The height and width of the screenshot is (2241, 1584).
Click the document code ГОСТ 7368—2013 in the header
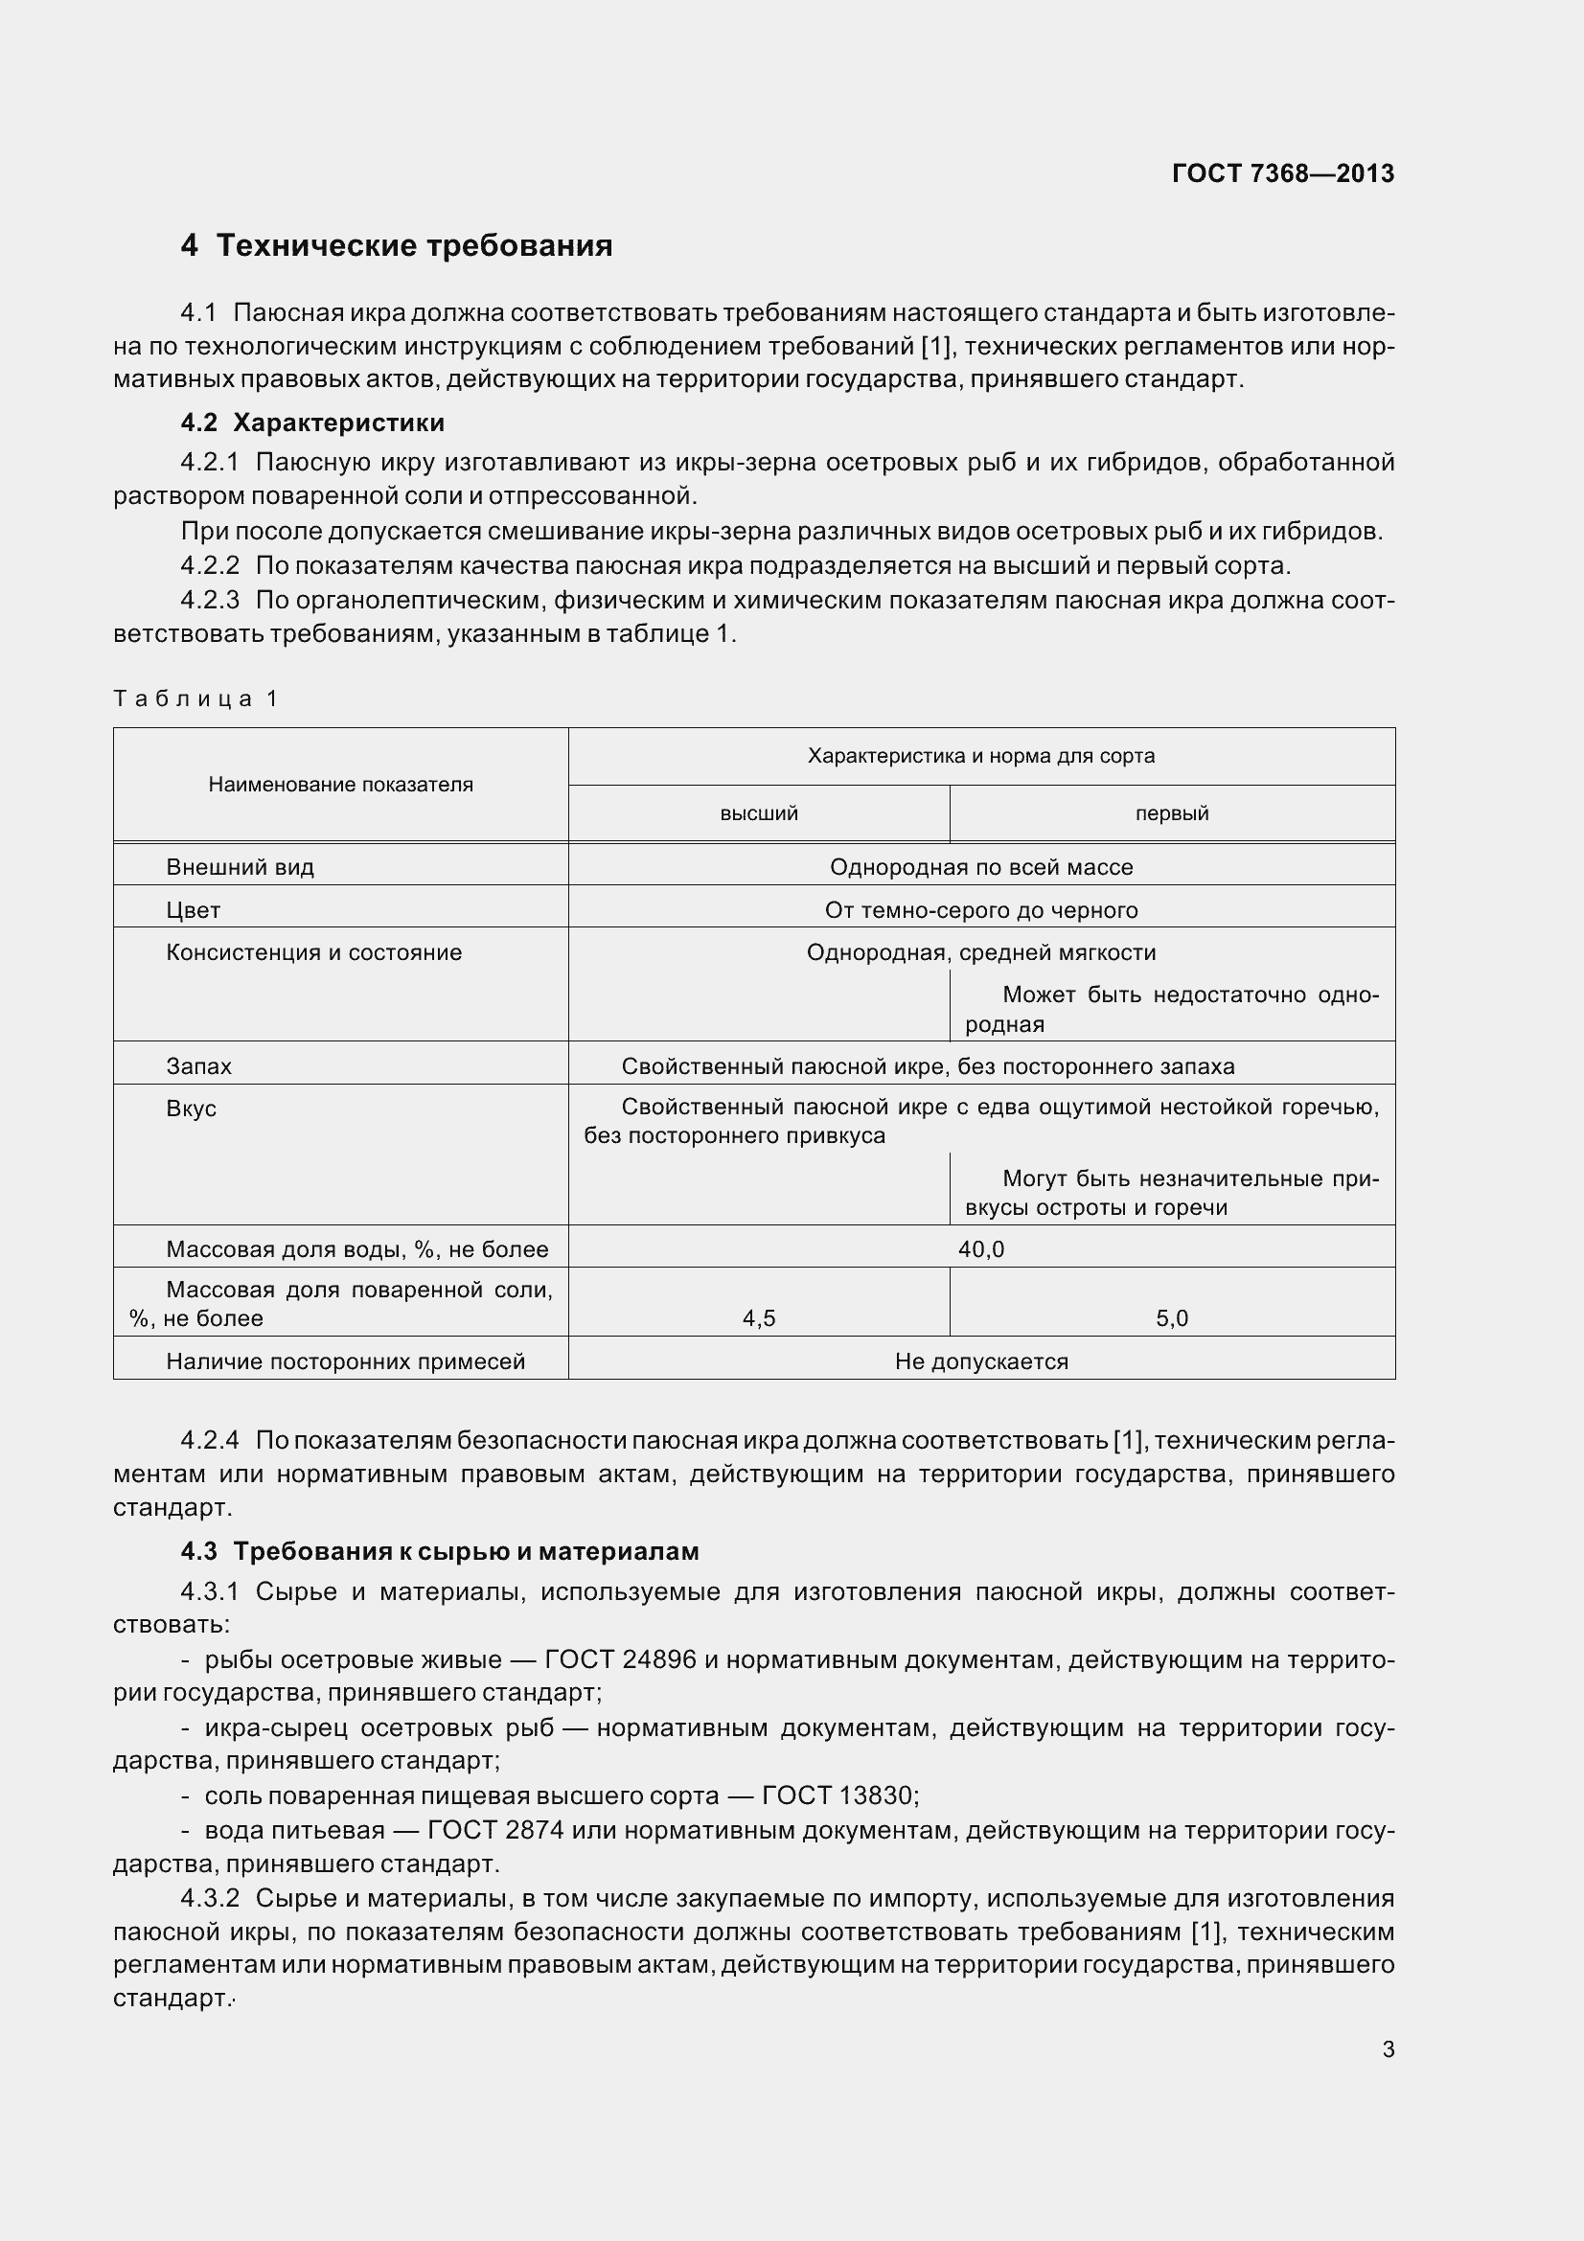click(1282, 173)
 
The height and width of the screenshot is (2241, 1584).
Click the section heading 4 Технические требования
click(397, 245)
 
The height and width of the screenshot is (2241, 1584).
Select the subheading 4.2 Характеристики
click(312, 423)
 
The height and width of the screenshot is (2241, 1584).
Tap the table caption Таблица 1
click(196, 697)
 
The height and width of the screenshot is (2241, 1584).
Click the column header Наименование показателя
click(340, 785)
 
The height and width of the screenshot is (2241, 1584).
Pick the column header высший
click(758, 813)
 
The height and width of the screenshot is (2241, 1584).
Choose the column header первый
click(1171, 813)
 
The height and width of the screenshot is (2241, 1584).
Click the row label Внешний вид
click(241, 867)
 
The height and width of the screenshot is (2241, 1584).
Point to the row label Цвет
click(194, 909)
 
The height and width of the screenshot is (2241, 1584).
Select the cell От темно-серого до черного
click(981, 909)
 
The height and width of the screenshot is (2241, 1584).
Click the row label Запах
click(199, 1065)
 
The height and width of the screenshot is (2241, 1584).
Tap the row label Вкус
click(192, 1108)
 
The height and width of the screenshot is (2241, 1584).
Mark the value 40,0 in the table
click(981, 1249)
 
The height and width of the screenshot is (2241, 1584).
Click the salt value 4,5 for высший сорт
click(758, 1318)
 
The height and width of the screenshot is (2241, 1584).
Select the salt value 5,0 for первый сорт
click(1171, 1318)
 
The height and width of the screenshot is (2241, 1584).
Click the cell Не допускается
click(981, 1361)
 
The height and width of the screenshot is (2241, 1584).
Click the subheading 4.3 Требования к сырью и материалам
click(440, 1551)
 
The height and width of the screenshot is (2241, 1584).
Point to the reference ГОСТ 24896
click(620, 1659)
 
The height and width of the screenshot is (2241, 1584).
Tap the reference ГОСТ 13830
click(838, 1795)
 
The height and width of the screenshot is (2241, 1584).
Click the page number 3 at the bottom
click(1388, 2049)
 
